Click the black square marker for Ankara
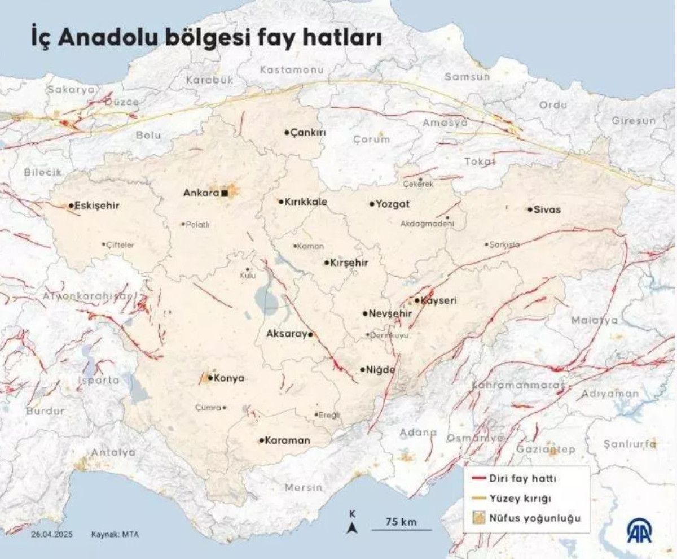pos(225,193)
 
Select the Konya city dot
pos(210,378)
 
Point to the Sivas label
pos(548,209)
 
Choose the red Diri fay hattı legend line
pos(478,478)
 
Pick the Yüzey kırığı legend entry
pos(519,498)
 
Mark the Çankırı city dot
pos(287,133)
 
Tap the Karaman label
pos(288,440)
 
